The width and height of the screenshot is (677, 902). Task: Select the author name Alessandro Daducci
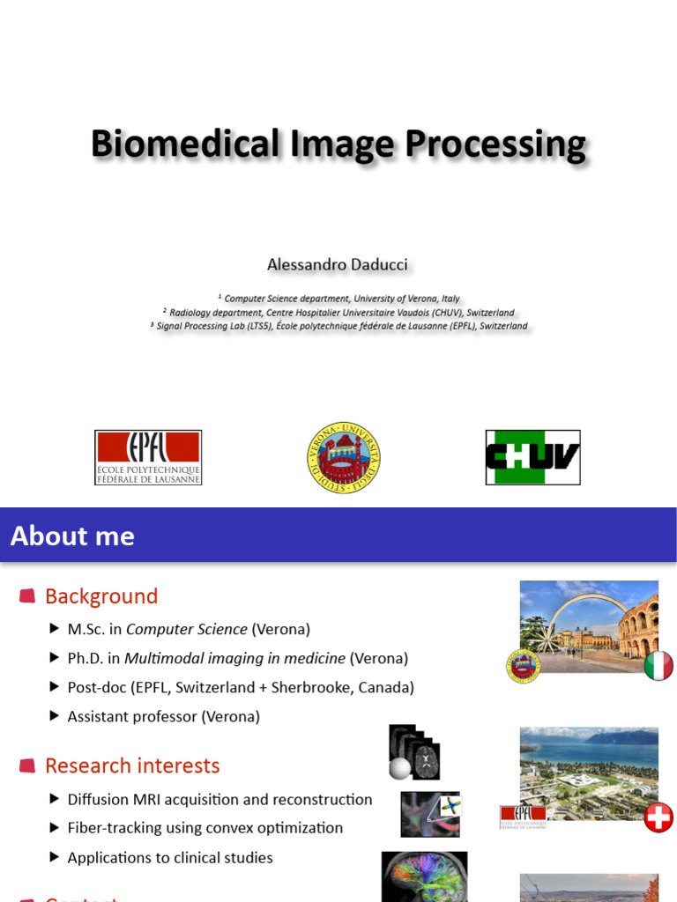click(x=339, y=265)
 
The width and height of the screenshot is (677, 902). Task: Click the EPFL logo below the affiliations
click(x=148, y=457)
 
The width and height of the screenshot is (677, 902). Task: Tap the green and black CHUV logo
click(x=532, y=457)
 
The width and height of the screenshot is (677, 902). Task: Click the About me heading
click(x=72, y=536)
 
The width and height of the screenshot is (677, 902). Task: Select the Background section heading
click(x=101, y=596)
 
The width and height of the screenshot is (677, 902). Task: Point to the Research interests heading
click(x=132, y=765)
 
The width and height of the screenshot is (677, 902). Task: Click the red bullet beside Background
click(x=27, y=596)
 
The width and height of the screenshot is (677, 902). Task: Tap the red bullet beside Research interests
click(x=27, y=765)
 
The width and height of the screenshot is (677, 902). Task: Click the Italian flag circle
click(x=658, y=665)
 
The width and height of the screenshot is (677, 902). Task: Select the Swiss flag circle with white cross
click(x=658, y=817)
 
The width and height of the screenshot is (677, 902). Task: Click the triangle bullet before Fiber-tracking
click(x=55, y=828)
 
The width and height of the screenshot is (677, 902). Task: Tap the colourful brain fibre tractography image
click(x=424, y=876)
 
